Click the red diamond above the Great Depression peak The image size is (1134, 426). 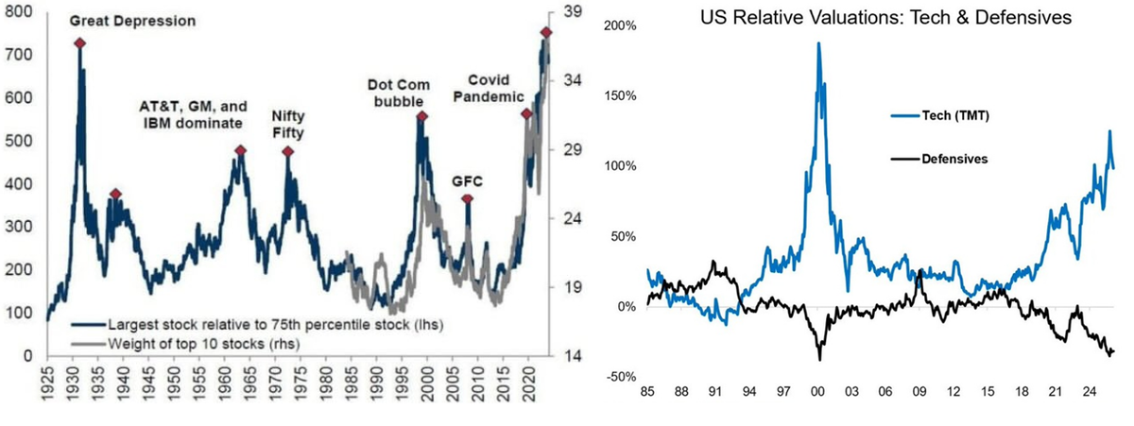point(79,43)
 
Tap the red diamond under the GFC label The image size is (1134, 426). point(467,199)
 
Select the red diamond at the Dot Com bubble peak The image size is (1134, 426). point(421,117)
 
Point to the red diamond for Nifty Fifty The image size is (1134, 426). point(287,152)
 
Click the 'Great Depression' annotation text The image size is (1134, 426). point(132,21)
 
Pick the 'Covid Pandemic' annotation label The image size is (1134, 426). point(489,88)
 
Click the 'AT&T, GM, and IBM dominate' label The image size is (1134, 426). point(194,115)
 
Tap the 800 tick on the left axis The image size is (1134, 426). point(18,11)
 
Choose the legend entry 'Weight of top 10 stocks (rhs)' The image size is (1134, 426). point(186,344)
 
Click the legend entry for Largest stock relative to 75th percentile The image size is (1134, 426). point(257,325)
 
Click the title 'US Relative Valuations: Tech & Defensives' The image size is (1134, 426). point(886,18)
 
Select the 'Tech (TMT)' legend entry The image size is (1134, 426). point(940,116)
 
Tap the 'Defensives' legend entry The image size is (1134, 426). point(939,159)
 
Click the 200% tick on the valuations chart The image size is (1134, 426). point(620,26)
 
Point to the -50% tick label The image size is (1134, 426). point(620,377)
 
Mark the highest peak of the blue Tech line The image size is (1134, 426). point(818,43)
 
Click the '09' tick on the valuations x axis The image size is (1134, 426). point(919,392)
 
